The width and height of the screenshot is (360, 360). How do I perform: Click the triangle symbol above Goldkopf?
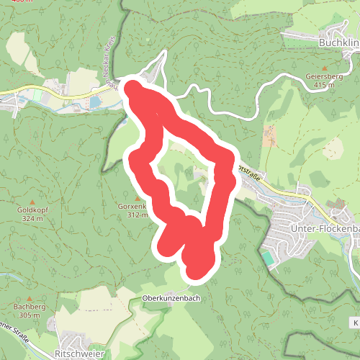[32, 200]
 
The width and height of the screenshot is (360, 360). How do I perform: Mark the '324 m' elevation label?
[32, 218]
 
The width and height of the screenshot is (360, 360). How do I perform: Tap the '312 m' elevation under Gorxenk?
[137, 215]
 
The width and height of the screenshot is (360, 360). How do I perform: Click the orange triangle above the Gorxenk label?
[137, 197]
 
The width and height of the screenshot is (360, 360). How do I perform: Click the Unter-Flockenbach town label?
[324, 228]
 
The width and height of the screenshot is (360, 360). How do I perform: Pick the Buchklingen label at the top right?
[338, 43]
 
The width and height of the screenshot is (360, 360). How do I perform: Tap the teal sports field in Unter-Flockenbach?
[268, 258]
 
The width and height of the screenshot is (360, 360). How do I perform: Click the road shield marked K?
[355, 320]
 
